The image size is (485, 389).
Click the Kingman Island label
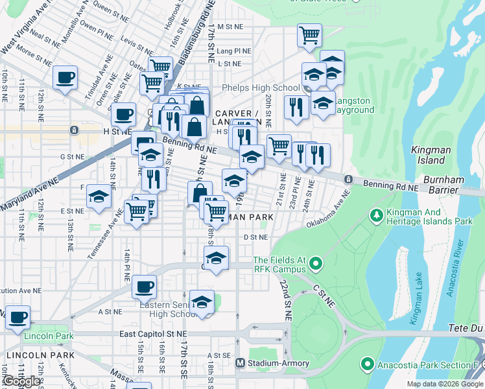click(431, 155)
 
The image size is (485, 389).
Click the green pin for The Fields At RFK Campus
click(315, 263)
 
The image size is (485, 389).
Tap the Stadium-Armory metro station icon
click(240, 363)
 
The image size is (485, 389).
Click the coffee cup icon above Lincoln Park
click(18, 318)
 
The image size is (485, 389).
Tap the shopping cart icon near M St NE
click(310, 35)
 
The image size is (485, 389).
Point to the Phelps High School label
click(261, 88)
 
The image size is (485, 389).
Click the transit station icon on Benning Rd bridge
click(348, 180)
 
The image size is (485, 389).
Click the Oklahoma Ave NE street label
click(328, 212)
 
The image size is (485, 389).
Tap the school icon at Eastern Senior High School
click(202, 302)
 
